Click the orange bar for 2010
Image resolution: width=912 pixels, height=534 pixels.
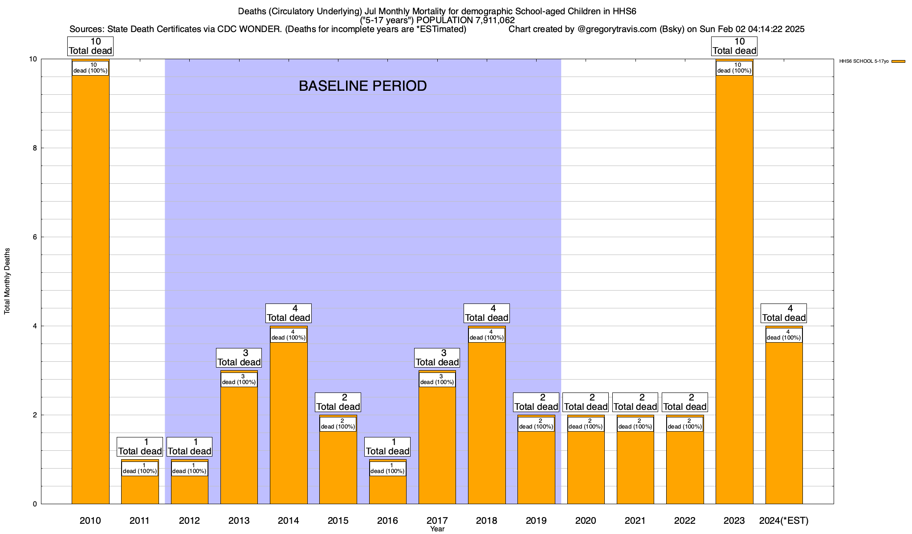pos(90,289)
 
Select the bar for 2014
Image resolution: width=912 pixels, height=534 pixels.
pos(289,423)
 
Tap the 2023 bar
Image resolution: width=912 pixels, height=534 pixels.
pos(734,289)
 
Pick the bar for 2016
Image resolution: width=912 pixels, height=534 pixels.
pos(387,489)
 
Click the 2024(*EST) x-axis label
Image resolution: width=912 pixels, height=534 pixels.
pos(784,521)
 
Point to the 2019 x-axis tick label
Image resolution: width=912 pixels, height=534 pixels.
pos(536,521)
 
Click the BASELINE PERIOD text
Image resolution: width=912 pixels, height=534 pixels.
pos(362,86)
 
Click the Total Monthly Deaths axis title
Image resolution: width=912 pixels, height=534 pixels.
pos(7,281)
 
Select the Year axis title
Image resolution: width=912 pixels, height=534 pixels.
pos(437,529)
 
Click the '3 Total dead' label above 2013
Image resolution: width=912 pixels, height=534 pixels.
pos(239,358)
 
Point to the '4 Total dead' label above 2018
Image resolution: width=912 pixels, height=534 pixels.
pos(486,313)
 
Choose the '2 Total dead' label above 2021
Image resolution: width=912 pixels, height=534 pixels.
pos(635,402)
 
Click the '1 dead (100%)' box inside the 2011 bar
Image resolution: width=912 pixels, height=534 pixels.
pos(140,469)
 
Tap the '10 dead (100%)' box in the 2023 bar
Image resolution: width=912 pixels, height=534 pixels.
pos(734,68)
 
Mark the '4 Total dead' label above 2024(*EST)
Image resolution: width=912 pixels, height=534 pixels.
pos(784,313)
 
